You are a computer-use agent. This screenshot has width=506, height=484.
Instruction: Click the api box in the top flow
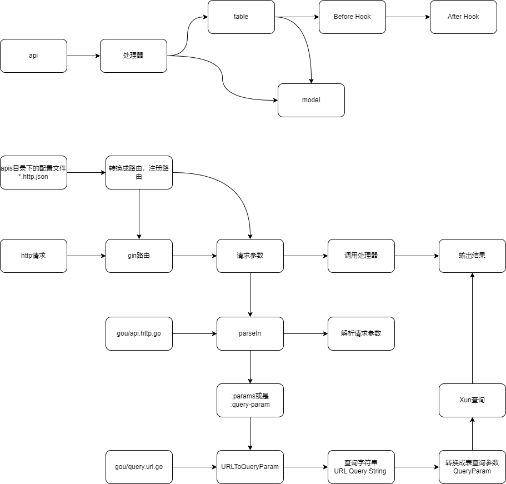tap(33, 56)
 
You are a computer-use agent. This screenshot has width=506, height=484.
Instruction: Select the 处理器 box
tap(133, 56)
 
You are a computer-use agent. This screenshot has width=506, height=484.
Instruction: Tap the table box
tap(241, 17)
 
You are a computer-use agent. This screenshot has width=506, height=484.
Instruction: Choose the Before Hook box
tap(352, 17)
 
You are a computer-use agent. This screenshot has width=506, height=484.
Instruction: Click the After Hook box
tap(463, 17)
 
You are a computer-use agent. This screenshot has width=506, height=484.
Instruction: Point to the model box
tap(311, 100)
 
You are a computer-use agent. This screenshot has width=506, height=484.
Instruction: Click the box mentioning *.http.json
tap(33, 172)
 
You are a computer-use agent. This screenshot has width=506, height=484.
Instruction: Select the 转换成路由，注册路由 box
tap(139, 172)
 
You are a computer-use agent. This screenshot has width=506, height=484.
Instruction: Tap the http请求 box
tap(33, 256)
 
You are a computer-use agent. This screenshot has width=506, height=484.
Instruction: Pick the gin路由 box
tap(139, 256)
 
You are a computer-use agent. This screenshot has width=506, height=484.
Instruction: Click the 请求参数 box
tap(250, 256)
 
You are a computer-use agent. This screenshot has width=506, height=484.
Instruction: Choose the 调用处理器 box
tap(361, 256)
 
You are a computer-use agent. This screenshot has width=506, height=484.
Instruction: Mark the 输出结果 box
tap(472, 256)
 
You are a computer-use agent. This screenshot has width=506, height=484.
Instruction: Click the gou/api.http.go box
tap(139, 333)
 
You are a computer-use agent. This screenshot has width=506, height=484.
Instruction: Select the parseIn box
tap(250, 333)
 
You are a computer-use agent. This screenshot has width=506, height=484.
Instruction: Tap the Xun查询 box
tap(472, 400)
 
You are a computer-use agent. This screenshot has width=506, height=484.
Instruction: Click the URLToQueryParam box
tap(250, 467)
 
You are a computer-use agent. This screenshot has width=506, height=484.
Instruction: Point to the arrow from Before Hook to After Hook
tap(408, 17)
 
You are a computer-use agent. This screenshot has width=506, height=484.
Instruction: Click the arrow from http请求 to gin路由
tap(86, 256)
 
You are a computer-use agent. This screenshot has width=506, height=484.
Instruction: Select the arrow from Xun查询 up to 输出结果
tap(472, 328)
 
